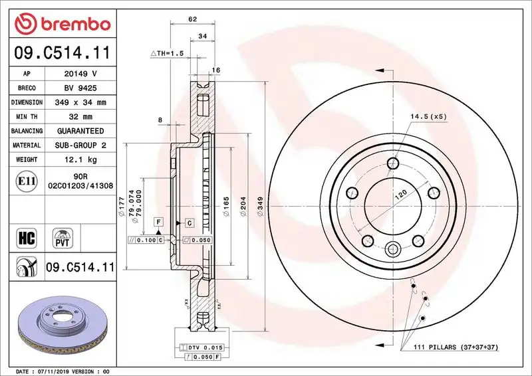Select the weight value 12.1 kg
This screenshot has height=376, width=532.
tap(80, 159)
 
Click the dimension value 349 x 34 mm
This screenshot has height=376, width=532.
tap(80, 102)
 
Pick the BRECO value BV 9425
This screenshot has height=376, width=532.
tap(80, 88)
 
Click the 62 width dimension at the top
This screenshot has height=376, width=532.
tap(192, 19)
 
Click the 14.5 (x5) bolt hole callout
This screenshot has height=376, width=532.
tap(428, 116)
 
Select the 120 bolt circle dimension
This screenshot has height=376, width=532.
tap(401, 197)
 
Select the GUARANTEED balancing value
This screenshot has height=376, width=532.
tap(80, 131)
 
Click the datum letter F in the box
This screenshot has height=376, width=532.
tap(159, 221)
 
